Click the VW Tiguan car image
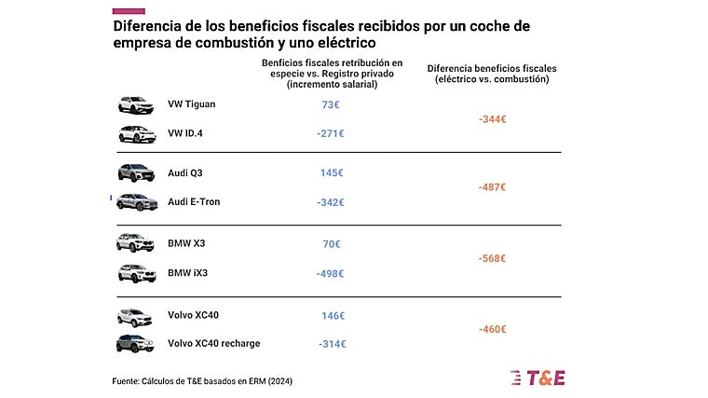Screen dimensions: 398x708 (136, 104)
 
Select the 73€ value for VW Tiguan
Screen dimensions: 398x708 (331, 104)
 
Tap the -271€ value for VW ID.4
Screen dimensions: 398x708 (330, 133)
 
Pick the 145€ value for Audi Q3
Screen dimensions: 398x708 (331, 173)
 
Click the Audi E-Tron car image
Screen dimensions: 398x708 (136, 202)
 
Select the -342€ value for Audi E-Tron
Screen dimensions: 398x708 (330, 202)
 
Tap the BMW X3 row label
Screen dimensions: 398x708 (187, 244)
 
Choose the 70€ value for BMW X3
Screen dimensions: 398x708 (331, 244)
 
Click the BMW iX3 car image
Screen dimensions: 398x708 (136, 273)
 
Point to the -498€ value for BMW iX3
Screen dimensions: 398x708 (330, 273)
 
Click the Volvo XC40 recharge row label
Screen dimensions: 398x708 (213, 343)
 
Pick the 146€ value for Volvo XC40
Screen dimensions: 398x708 (333, 316)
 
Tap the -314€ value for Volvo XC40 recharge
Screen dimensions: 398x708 (331, 344)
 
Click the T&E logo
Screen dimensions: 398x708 (538, 377)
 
